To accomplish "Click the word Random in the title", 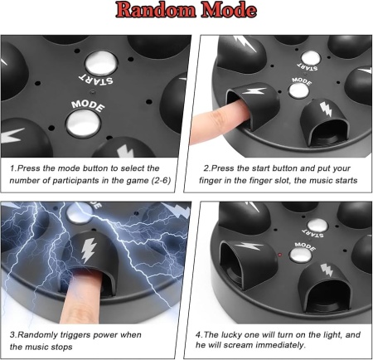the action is click(157, 10).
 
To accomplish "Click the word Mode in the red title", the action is click(229, 10).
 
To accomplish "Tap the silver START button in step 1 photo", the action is click(101, 63).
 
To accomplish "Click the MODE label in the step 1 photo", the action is click(88, 105).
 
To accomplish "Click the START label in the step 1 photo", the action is click(95, 80).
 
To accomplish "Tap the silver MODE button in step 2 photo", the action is click(298, 90).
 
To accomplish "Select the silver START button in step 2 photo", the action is click(311, 58).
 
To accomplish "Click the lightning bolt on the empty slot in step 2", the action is click(326, 109).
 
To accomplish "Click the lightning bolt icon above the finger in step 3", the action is click(88, 250).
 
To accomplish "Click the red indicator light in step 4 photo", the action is click(279, 254).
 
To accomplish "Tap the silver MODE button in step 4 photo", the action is click(301, 255).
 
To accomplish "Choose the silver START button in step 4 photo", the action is click(317, 226).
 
